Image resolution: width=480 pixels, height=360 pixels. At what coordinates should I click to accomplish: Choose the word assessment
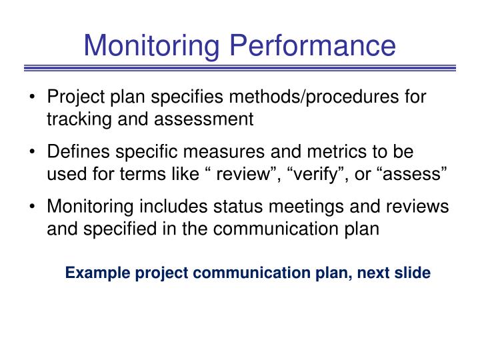(207, 120)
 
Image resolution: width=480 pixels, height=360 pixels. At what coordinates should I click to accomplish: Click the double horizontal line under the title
(240, 68)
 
